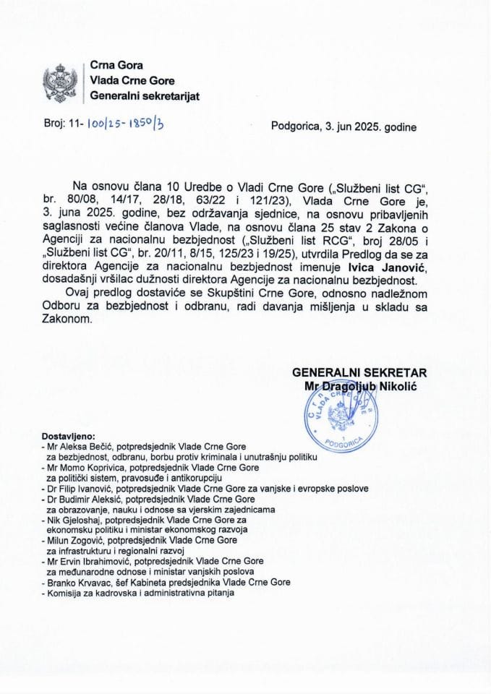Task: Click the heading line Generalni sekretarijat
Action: point(145,96)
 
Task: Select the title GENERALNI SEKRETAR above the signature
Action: point(359,373)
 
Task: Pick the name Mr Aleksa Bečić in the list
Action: point(75,448)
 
